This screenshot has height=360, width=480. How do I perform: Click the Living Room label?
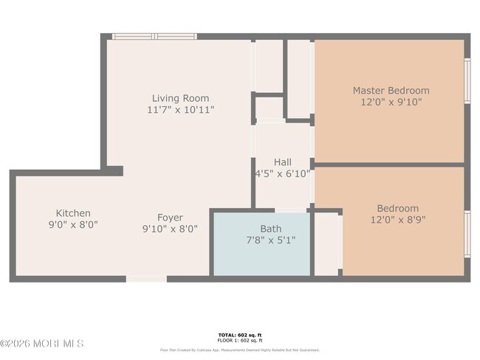click(x=180, y=98)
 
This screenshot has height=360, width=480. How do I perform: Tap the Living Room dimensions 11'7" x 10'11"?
click(x=180, y=110)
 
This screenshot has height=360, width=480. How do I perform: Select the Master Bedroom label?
click(x=390, y=91)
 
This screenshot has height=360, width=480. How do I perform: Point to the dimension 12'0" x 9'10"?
click(x=390, y=103)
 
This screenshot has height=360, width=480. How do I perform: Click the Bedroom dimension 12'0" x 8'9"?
click(x=397, y=220)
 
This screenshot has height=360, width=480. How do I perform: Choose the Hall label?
click(x=282, y=162)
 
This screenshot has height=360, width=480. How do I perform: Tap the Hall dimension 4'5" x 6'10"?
click(x=282, y=174)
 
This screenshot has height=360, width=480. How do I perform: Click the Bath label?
click(x=270, y=229)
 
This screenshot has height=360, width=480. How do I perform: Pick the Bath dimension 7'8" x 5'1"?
click(x=270, y=240)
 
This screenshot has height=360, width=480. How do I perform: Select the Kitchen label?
click(x=73, y=213)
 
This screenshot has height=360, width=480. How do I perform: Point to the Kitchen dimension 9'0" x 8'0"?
click(x=73, y=225)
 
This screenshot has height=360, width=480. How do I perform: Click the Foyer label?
click(x=170, y=218)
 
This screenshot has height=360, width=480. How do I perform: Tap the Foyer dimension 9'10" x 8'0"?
click(x=170, y=229)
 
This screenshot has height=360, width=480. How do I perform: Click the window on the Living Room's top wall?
click(x=154, y=36)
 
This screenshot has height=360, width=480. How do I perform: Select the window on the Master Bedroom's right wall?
click(x=467, y=80)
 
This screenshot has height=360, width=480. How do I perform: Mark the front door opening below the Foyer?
click(x=145, y=279)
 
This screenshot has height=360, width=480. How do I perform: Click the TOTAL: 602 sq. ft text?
click(x=239, y=334)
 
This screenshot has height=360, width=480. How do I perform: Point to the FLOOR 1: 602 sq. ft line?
click(x=239, y=340)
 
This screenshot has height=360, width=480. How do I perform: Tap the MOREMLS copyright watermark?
click(x=42, y=344)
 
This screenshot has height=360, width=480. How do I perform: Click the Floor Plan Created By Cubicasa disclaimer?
click(x=239, y=350)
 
